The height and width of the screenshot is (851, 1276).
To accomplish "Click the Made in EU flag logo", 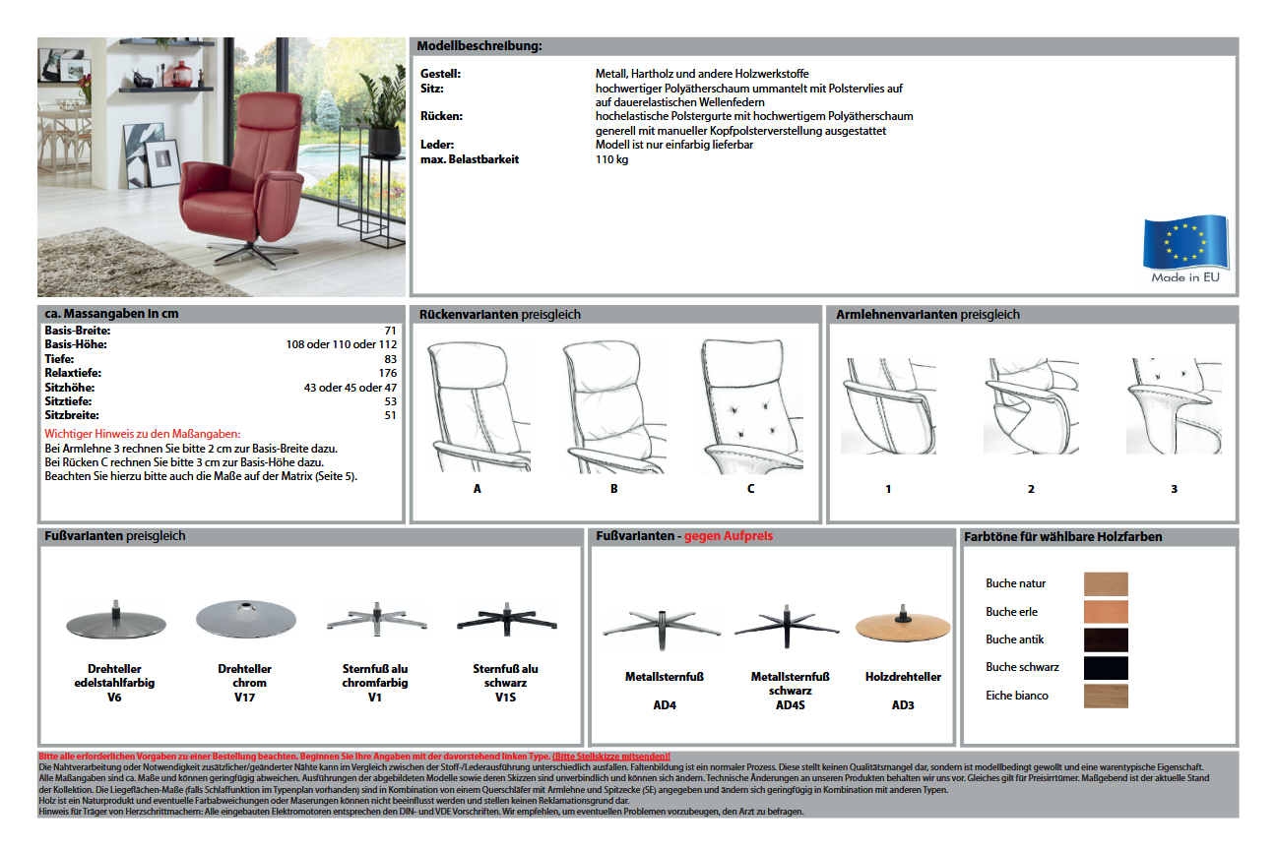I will point(1185,248).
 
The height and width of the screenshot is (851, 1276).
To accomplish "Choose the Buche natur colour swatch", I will point(1106,583).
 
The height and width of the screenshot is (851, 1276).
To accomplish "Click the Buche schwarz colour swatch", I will point(1106,668).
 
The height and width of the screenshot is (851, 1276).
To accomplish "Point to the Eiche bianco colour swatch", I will point(1106,697).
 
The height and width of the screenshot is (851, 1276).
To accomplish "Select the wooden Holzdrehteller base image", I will point(903,626).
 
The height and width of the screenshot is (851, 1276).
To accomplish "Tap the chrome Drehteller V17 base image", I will point(245,619).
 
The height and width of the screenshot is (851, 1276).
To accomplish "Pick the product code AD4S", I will point(791,705).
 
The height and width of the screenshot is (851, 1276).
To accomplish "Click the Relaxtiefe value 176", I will point(387,373).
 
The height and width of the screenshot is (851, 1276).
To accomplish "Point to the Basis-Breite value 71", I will point(391,331).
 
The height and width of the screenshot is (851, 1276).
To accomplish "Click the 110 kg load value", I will point(611,159).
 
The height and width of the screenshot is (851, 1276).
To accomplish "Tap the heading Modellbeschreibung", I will point(479,46).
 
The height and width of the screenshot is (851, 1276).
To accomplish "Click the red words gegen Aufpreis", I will point(729,536).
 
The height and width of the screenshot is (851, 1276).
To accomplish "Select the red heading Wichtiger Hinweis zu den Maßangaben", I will point(143,434).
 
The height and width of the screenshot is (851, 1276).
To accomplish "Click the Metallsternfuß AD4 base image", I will point(651,624).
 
